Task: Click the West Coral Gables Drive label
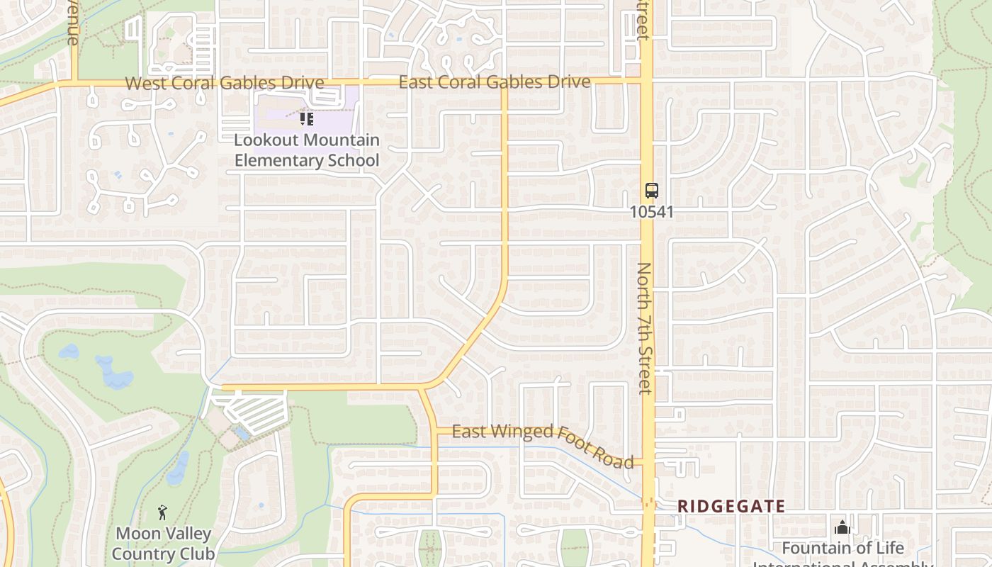click(x=225, y=83)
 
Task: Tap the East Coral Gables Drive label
click(x=494, y=82)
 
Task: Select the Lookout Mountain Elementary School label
click(x=307, y=150)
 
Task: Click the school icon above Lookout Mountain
click(x=306, y=118)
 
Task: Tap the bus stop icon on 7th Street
click(x=651, y=190)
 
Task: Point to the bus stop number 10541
click(x=651, y=211)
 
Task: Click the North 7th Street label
click(x=644, y=327)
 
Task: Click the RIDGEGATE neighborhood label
click(x=731, y=506)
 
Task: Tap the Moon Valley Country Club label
click(x=163, y=543)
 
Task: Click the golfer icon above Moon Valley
click(x=162, y=512)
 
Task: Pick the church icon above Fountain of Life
click(x=842, y=527)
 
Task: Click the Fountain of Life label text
click(x=842, y=548)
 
